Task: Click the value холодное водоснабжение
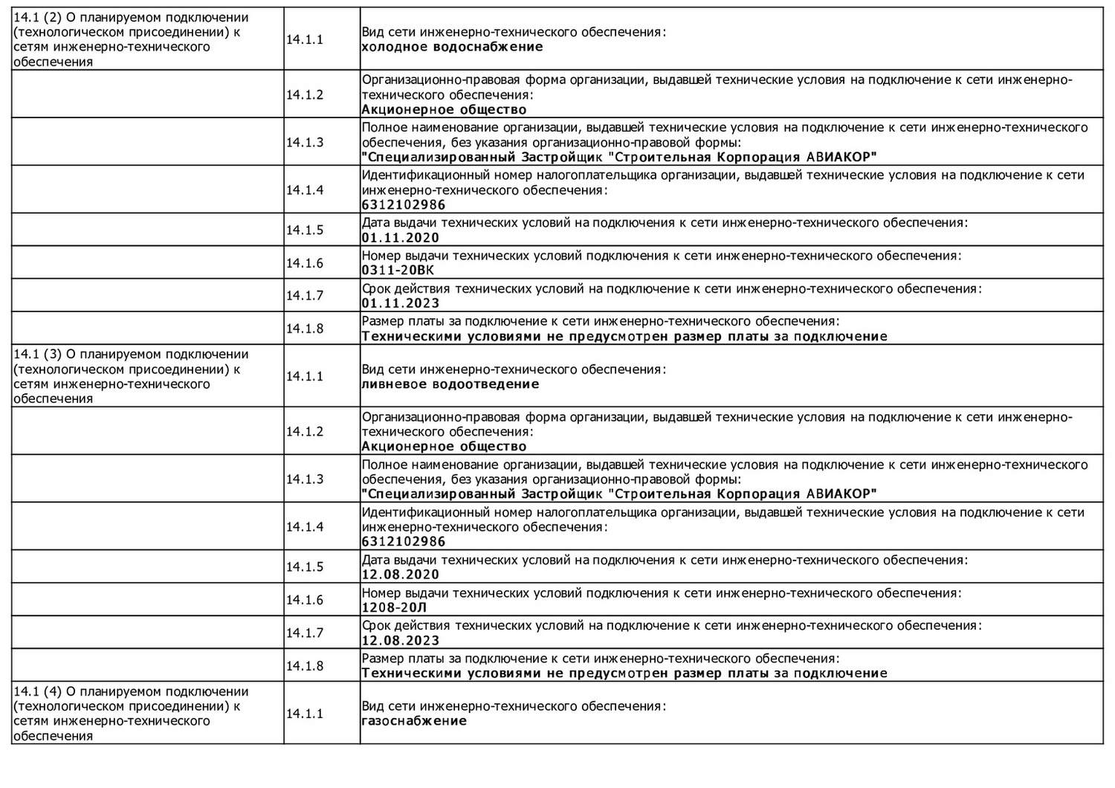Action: click(x=452, y=47)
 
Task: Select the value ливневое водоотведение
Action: click(x=450, y=384)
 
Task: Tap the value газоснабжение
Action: click(x=414, y=720)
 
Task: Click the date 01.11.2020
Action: click(x=400, y=238)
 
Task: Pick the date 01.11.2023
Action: click(x=400, y=303)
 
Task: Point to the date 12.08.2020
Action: click(x=400, y=575)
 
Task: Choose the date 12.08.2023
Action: click(x=400, y=641)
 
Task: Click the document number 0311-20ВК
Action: click(x=398, y=270)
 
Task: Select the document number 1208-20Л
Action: click(x=394, y=607)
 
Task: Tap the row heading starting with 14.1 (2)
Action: click(x=131, y=39)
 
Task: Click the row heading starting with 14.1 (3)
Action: click(x=131, y=376)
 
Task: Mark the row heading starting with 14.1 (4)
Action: click(x=131, y=714)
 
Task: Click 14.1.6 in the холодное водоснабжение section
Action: click(x=305, y=263)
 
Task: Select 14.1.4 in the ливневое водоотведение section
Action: click(x=305, y=527)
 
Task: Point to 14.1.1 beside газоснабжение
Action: click(x=305, y=714)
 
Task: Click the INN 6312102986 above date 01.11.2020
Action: click(x=403, y=205)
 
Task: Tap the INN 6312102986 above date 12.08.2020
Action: click(x=403, y=542)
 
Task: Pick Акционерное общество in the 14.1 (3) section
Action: click(x=444, y=447)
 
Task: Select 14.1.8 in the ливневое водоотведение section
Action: click(x=305, y=666)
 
